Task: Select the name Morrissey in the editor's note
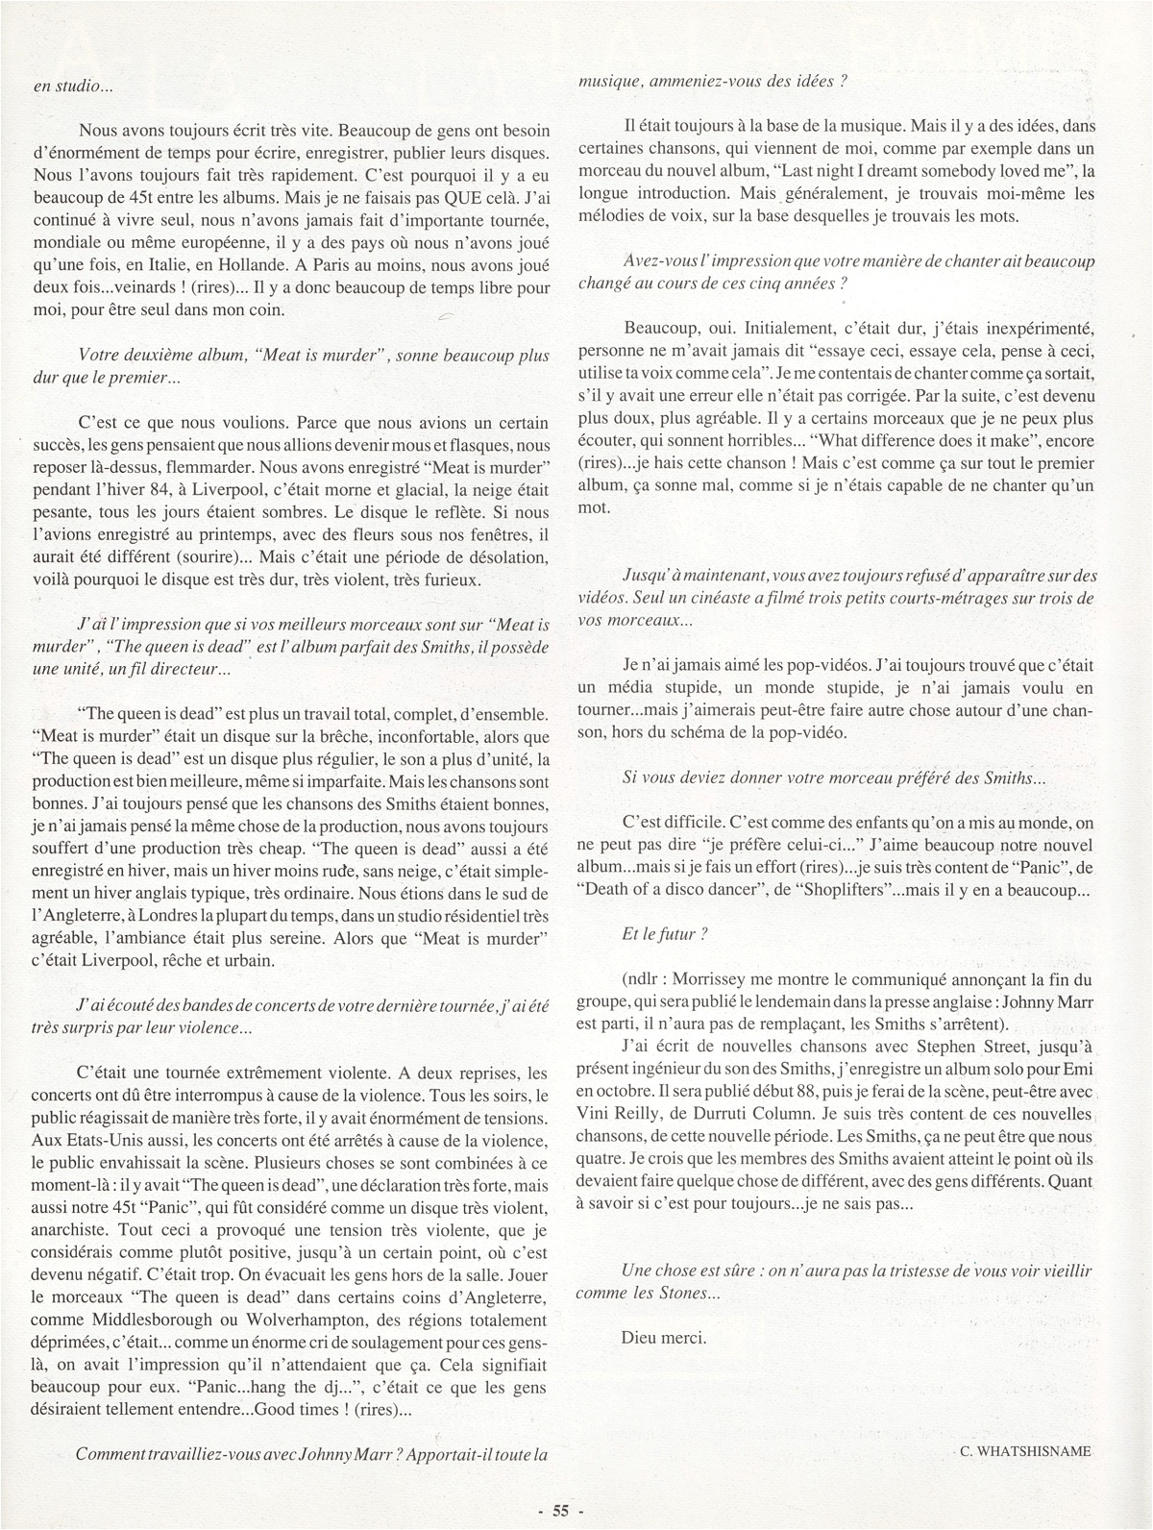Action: (718, 981)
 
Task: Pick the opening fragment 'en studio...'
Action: (73, 86)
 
